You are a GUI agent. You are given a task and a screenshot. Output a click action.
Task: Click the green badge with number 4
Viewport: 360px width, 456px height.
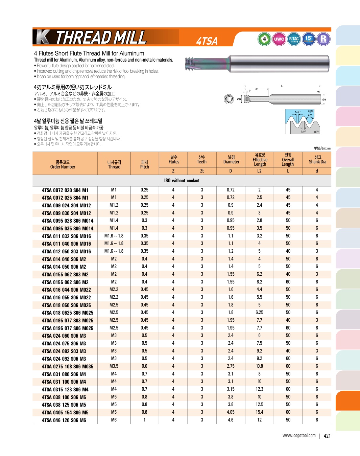tap(264, 39)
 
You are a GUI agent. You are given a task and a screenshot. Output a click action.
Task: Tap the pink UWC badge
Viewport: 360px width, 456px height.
tap(279, 39)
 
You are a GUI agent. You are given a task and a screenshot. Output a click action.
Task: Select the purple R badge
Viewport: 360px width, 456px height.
tap(323, 39)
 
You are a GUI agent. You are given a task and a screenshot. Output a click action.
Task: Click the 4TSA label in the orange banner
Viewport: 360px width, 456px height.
tap(207, 41)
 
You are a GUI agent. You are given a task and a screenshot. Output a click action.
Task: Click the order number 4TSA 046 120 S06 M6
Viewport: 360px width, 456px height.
tap(64, 420)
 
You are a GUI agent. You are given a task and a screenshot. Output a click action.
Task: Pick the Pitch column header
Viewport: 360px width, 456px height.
tap(145, 164)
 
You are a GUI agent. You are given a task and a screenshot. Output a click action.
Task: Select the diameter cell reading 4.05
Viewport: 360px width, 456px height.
tap(231, 412)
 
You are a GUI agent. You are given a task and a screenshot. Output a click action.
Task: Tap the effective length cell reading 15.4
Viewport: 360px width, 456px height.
tap(259, 412)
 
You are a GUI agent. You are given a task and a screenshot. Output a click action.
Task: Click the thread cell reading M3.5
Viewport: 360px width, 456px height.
tap(114, 366)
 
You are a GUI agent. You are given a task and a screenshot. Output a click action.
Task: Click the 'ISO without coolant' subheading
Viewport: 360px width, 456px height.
tap(182, 181)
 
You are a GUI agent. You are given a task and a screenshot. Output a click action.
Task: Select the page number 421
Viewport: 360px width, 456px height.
tap(327, 436)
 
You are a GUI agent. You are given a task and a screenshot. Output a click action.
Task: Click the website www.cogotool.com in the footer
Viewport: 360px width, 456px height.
tap(299, 435)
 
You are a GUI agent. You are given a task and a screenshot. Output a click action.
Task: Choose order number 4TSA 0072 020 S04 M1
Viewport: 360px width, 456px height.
tap(65, 190)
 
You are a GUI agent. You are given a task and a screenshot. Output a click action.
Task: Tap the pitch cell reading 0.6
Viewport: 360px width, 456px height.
tap(144, 366)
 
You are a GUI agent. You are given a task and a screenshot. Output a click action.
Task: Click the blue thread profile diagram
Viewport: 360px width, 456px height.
tap(302, 121)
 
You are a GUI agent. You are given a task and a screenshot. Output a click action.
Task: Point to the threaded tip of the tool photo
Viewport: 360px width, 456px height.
tap(190, 63)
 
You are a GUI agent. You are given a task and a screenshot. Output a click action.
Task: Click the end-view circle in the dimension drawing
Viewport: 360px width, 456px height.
tap(229, 99)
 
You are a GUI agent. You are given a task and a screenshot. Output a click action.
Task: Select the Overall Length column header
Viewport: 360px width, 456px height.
tap(288, 160)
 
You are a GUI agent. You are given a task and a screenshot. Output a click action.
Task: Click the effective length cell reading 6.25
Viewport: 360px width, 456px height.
tap(259, 312)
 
